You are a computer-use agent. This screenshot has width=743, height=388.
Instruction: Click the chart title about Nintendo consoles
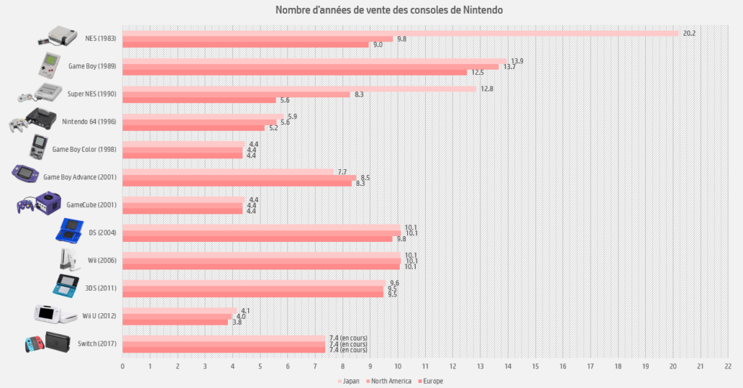[x=389, y=10]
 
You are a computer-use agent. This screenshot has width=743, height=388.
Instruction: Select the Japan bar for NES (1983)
[x=401, y=33]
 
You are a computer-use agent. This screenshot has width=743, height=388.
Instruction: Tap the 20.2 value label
[x=689, y=33]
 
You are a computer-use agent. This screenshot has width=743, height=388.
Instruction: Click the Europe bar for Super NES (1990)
[x=199, y=100]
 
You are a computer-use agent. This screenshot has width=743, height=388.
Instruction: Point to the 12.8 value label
[x=487, y=89]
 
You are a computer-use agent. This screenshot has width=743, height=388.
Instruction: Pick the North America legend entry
[x=389, y=381]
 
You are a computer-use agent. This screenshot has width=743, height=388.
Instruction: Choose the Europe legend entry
[x=431, y=381]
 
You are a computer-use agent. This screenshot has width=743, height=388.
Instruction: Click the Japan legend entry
[x=348, y=381]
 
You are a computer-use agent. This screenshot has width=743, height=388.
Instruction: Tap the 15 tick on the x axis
[x=535, y=366]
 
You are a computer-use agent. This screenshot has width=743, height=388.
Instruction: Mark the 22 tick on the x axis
[x=727, y=366]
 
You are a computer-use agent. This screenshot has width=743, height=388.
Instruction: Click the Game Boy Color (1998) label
[x=84, y=150]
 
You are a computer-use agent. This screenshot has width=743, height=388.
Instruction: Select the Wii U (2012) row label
[x=99, y=316]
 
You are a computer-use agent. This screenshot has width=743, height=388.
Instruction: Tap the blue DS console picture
[x=70, y=230]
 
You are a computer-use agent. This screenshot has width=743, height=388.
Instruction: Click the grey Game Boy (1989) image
[x=49, y=65]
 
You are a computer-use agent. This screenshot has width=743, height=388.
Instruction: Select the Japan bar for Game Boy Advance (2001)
[x=228, y=171]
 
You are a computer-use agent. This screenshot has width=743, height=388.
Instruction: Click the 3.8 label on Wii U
[x=237, y=322]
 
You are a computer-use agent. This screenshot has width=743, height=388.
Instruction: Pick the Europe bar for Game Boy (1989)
[x=295, y=73]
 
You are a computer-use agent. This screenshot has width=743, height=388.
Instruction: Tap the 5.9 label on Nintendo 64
[x=292, y=117]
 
